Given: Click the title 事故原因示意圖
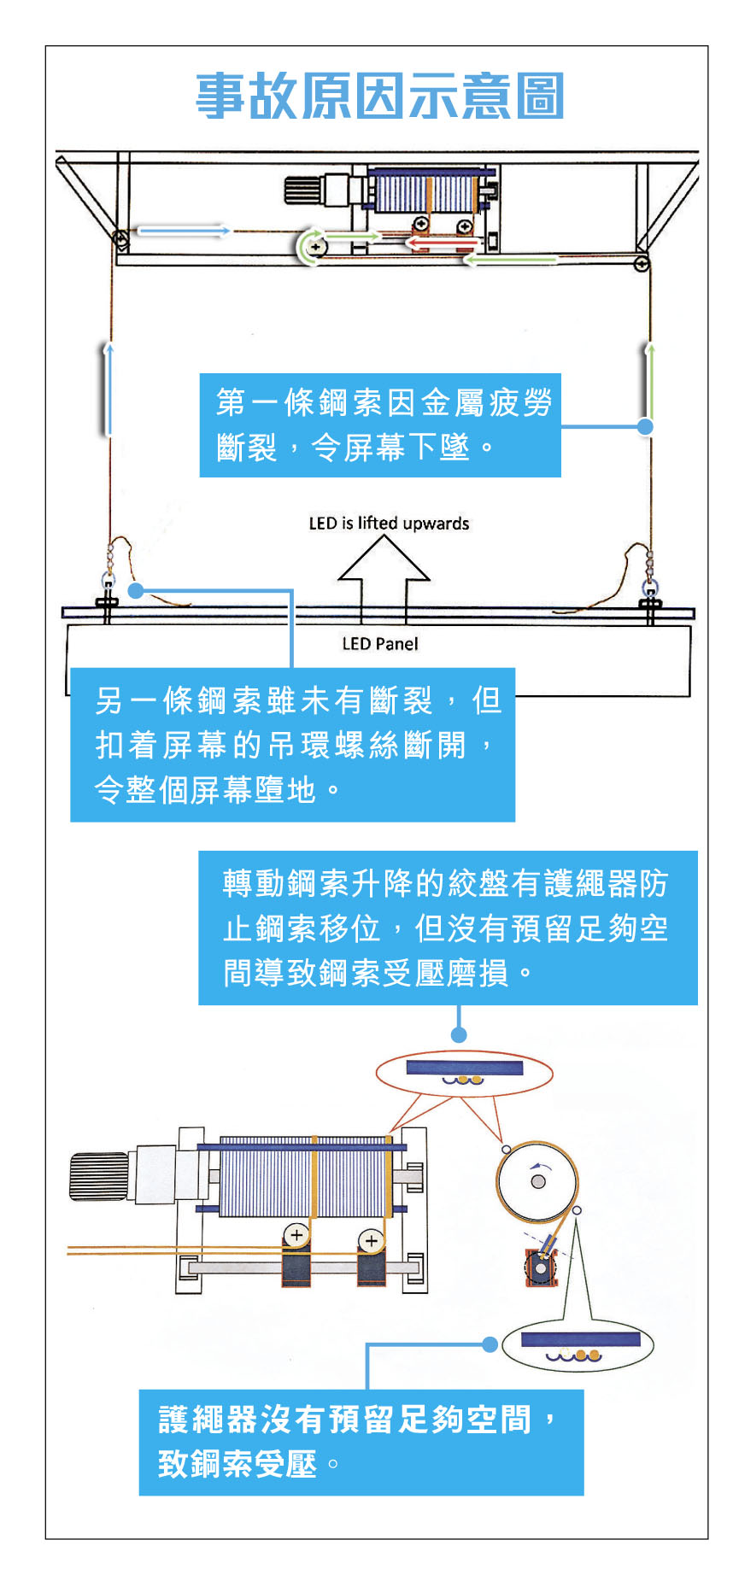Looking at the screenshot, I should pyautogui.click(x=380, y=96).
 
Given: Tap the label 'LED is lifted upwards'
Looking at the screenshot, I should pyautogui.click(x=389, y=523).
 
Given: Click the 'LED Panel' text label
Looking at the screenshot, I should pyautogui.click(x=380, y=643).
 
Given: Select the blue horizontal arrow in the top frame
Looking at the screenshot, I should pyautogui.click(x=184, y=231).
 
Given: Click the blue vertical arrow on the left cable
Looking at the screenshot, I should pyautogui.click(x=108, y=389).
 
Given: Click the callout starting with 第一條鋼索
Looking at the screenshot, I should pyautogui.click(x=380, y=424).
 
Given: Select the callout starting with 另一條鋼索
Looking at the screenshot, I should pyautogui.click(x=292, y=744).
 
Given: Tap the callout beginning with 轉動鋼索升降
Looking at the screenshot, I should pyautogui.click(x=448, y=927).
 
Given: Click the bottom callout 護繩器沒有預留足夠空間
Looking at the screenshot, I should pyautogui.click(x=361, y=1442).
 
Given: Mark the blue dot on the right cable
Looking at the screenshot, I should pyautogui.click(x=646, y=425).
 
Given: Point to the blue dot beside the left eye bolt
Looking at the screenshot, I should pyautogui.click(x=136, y=590).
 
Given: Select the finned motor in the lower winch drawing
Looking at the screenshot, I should pyautogui.click(x=98, y=1176).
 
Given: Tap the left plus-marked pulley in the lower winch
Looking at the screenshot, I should pyautogui.click(x=296, y=1235).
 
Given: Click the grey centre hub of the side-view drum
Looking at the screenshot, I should pyautogui.click(x=537, y=1181).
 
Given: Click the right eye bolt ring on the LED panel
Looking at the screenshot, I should pyautogui.click(x=650, y=587).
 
